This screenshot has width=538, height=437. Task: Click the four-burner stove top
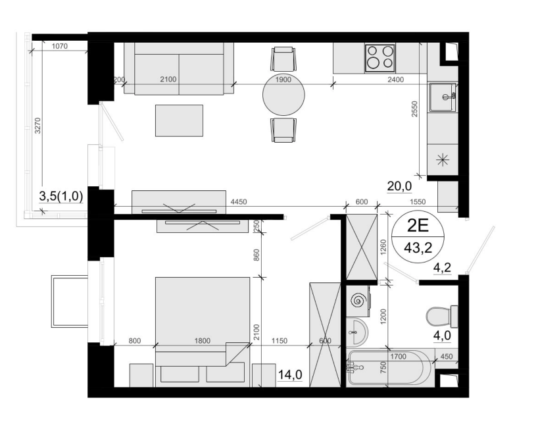380,58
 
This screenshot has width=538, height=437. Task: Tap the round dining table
283,94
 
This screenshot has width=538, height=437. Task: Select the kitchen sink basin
443,97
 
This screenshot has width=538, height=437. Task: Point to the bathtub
390,368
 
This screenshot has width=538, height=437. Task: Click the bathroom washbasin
357,332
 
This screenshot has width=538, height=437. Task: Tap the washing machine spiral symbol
358,300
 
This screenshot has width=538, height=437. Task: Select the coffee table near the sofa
179,120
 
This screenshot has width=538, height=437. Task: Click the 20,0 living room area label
399,186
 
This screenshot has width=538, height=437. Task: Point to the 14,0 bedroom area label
290,374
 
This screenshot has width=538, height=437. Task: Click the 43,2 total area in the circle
418,247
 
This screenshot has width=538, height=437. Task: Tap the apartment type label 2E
418,226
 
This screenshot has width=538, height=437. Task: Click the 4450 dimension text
239,202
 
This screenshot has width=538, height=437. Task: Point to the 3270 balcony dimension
37,126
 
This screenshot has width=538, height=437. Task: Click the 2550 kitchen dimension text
414,109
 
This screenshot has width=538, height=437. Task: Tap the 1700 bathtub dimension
398,357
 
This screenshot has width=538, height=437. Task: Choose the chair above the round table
283,59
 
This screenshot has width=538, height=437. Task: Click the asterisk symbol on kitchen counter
443,160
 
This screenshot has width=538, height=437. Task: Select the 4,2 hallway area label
442,267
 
